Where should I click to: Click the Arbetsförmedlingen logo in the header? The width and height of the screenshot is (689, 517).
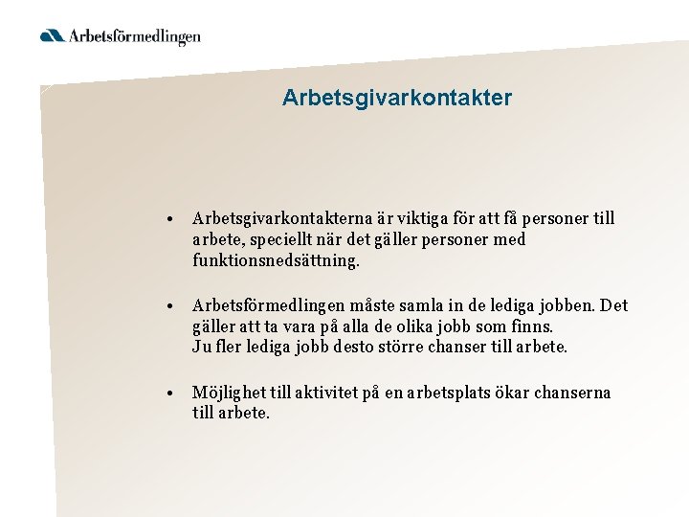click(x=121, y=36)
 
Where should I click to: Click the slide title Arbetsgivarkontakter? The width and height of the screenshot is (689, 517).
click(x=397, y=98)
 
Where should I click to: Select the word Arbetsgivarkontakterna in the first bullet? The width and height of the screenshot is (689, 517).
click(x=286, y=219)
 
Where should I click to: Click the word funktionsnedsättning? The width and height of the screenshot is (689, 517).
click(x=276, y=260)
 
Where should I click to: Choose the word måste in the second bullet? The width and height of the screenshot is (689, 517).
click(x=367, y=306)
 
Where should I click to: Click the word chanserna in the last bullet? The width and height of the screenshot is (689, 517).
click(x=574, y=393)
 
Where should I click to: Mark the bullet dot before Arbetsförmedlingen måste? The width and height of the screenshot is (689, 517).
click(x=168, y=306)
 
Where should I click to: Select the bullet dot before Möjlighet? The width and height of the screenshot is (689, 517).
click(x=168, y=393)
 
